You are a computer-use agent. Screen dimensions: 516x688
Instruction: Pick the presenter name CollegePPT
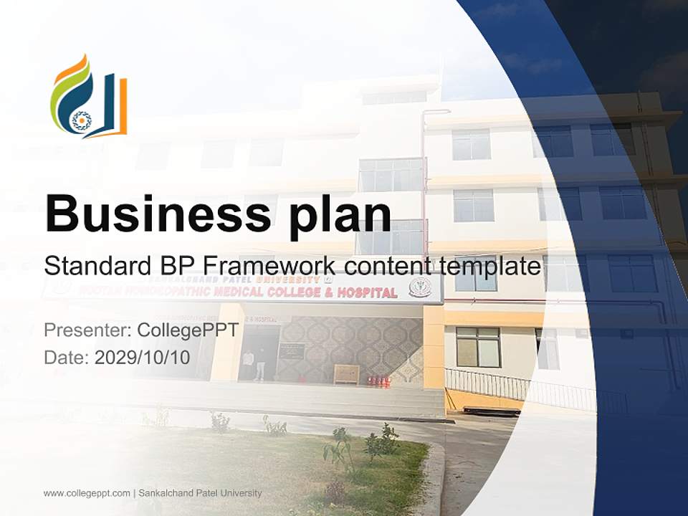click(188, 330)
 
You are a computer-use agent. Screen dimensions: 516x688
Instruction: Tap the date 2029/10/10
click(143, 357)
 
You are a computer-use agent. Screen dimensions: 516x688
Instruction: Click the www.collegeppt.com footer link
click(87, 493)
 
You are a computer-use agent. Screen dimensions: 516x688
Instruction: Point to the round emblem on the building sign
click(419, 287)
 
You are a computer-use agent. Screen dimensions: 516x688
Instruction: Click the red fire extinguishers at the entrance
click(379, 381)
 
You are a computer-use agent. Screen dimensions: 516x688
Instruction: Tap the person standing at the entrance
click(259, 364)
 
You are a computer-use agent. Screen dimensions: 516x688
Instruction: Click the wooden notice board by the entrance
click(346, 374)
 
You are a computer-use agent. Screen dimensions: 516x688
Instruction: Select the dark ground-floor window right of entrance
click(478, 347)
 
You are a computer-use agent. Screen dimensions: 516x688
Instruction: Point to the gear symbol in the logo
click(81, 120)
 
